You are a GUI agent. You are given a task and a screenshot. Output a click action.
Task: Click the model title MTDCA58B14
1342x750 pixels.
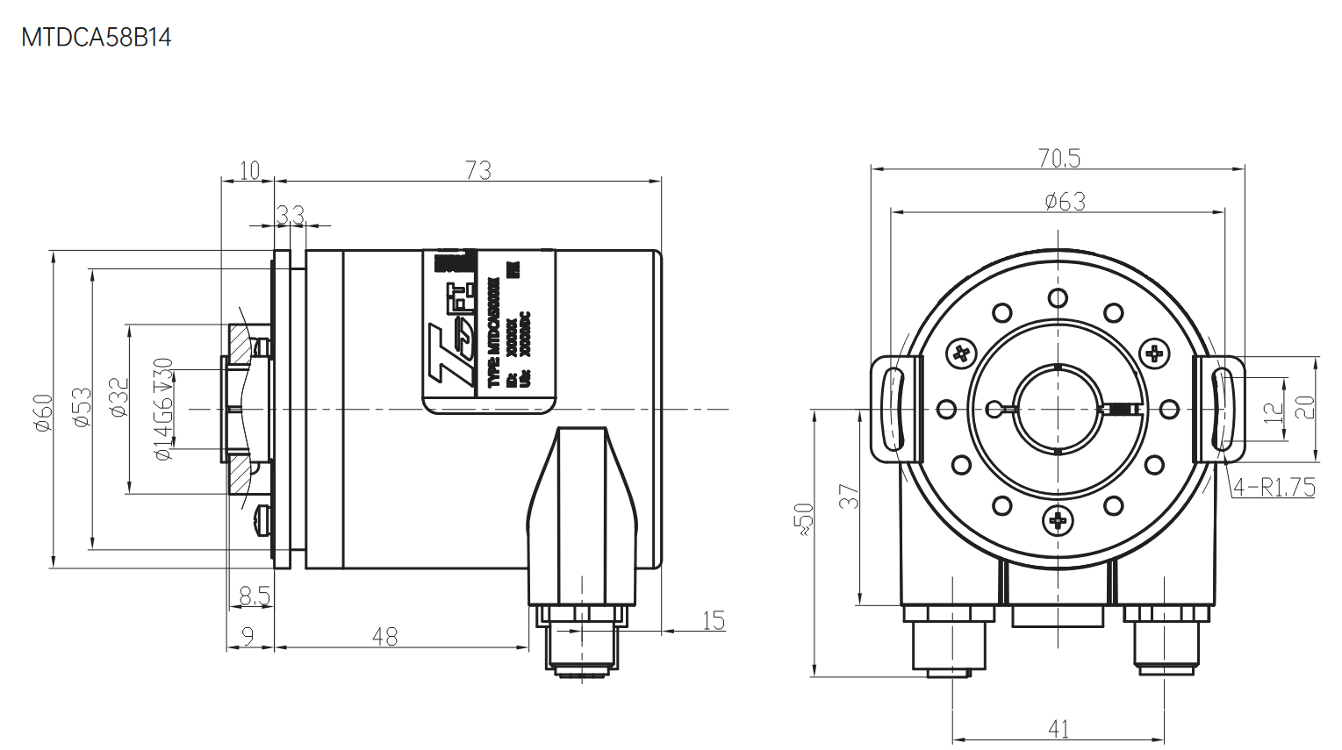click(97, 38)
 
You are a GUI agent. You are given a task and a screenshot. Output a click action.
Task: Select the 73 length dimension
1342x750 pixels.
click(478, 170)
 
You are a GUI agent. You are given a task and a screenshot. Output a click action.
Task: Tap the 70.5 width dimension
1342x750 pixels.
click(1059, 158)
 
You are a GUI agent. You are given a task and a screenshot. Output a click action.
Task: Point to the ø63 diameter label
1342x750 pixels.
click(1065, 202)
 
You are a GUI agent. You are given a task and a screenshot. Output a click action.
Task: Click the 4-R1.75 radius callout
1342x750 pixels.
click(1273, 487)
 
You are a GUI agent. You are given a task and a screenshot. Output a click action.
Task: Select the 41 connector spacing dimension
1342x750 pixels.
click(1059, 729)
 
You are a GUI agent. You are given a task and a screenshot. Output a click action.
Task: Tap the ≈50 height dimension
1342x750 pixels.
click(804, 519)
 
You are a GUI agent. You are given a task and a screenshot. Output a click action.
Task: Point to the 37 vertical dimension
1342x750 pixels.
click(848, 496)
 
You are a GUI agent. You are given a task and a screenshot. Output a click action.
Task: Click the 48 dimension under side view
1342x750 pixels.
click(384, 637)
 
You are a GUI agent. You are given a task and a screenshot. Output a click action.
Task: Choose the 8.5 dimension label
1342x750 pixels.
click(254, 596)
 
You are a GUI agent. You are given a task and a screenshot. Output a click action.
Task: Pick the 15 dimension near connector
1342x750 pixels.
click(713, 621)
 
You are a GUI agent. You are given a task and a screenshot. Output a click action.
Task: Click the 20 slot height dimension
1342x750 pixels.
click(1305, 406)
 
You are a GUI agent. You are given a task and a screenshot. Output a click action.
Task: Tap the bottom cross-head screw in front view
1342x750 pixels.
click(1058, 521)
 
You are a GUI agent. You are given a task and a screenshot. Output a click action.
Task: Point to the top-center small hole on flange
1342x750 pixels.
click(1059, 298)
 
